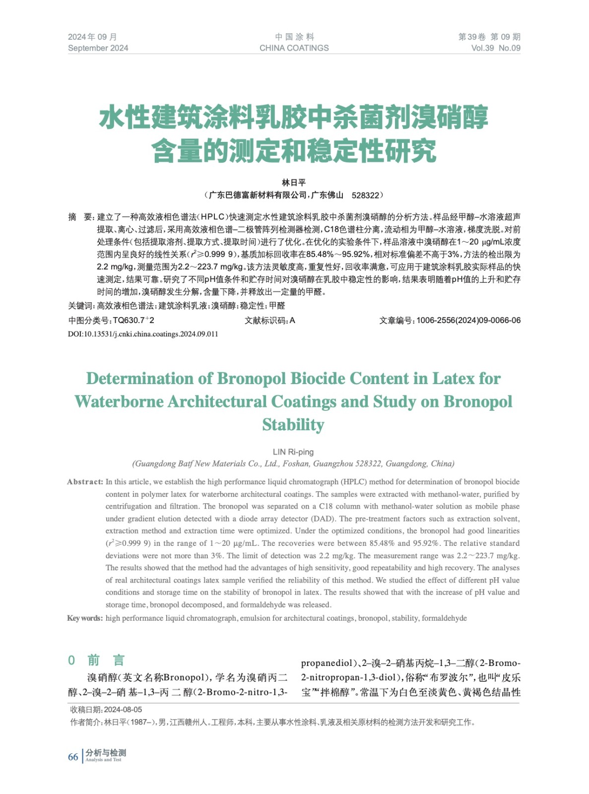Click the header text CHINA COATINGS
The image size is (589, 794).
click(x=294, y=48)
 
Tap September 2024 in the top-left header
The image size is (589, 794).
click(x=98, y=48)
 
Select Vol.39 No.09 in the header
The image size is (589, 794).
click(x=495, y=48)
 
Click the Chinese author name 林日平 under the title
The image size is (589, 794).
click(x=294, y=183)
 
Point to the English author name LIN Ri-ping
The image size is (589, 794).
click(x=293, y=452)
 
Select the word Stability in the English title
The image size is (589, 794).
click(x=293, y=425)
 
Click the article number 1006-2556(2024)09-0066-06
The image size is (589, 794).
click(x=468, y=321)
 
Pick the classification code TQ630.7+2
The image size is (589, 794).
click(x=133, y=321)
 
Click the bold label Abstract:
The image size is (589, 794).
click(x=85, y=482)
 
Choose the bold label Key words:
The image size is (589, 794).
click(x=85, y=618)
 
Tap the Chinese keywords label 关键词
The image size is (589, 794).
click(x=80, y=306)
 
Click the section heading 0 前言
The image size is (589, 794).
click(x=97, y=660)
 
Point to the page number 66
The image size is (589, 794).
click(x=73, y=757)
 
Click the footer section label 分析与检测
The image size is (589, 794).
click(x=106, y=753)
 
